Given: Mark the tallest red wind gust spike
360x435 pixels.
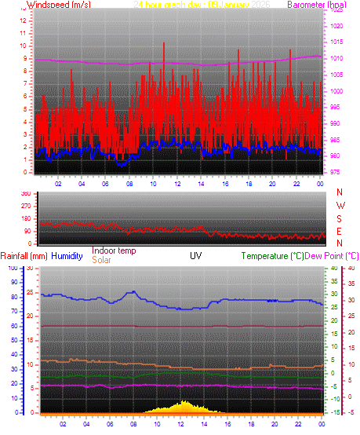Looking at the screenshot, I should (164, 44).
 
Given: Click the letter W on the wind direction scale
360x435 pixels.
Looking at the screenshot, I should (340, 206).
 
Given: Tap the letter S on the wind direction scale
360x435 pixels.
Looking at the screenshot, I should (340, 218).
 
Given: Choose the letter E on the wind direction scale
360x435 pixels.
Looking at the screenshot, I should (340, 231).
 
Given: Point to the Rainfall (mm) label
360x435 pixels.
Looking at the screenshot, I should (24, 256).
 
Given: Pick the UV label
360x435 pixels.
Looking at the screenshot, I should (196, 256).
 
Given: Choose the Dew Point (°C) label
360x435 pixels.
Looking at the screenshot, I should (331, 256).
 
